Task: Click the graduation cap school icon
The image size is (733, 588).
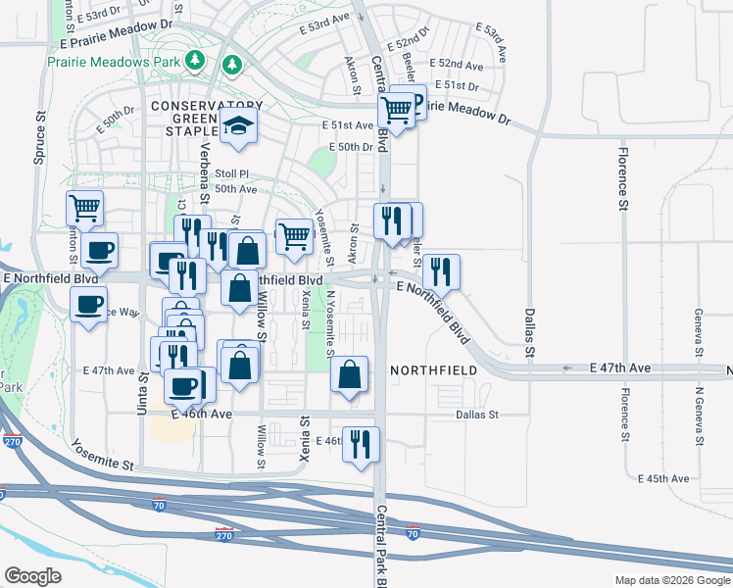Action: click(x=237, y=125)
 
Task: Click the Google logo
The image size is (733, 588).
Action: click(x=32, y=576)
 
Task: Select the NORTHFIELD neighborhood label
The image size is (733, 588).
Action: click(x=434, y=370)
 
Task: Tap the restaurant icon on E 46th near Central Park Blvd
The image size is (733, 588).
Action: click(x=361, y=444)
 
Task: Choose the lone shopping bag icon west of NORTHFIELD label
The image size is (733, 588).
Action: click(x=349, y=374)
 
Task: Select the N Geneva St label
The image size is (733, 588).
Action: click(x=699, y=417)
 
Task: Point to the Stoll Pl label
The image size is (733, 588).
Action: click(x=232, y=172)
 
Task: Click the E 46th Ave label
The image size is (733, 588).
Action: click(x=201, y=415)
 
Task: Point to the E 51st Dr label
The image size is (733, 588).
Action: click(x=457, y=85)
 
